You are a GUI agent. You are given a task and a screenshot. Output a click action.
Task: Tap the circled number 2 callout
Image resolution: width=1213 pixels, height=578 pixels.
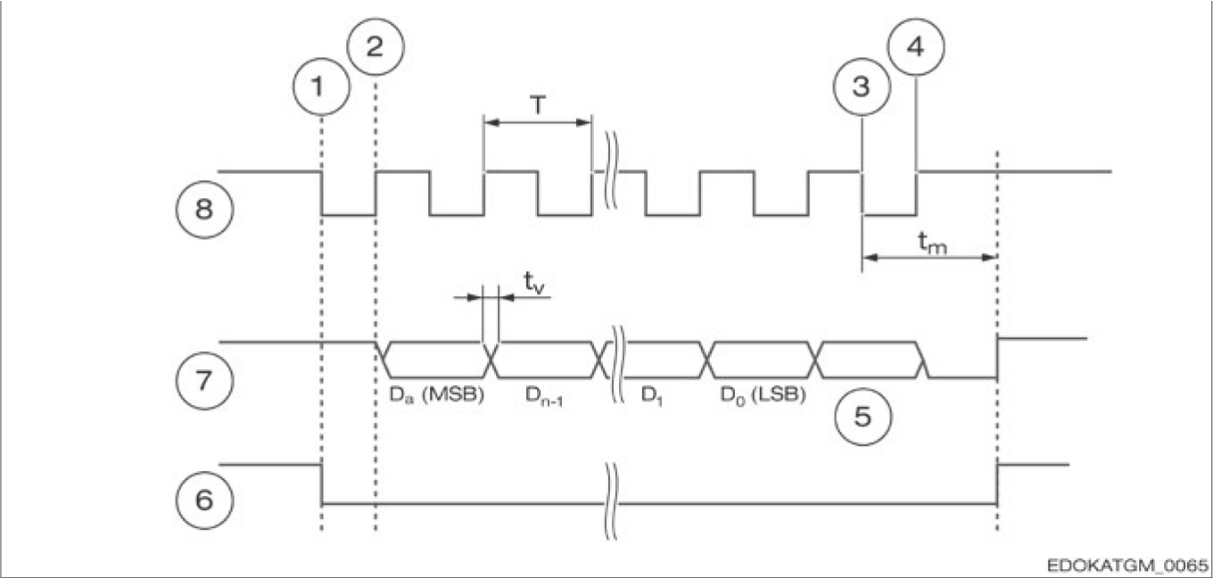click(375, 45)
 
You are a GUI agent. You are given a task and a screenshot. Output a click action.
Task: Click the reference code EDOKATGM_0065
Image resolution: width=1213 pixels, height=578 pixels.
click(1126, 566)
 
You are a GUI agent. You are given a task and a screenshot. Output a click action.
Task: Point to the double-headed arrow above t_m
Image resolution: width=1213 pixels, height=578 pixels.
click(928, 258)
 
